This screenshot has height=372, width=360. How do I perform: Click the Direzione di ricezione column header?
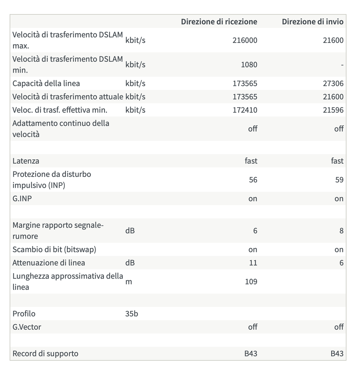219,21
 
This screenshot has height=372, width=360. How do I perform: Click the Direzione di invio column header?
312,21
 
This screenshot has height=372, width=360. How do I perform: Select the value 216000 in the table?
245,40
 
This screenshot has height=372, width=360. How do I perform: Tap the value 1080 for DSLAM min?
249,65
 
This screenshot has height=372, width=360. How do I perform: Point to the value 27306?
333,83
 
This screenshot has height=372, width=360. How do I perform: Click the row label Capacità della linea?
46,83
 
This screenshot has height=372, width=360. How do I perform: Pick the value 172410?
245,110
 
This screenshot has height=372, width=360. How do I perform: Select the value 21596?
333,110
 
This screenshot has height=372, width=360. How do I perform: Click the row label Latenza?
26,161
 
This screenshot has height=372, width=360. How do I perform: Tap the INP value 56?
253,179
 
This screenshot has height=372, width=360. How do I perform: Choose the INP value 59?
339,179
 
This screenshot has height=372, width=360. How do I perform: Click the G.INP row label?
22,198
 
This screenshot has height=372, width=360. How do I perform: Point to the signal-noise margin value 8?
341,231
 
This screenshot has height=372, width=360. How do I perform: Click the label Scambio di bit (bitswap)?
55,249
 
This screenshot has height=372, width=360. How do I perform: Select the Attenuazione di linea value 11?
253,263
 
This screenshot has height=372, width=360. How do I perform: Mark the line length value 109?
251,282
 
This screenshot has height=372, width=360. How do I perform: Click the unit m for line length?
128,282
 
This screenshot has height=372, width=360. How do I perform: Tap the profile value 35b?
132,314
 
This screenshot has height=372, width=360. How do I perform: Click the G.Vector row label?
27,327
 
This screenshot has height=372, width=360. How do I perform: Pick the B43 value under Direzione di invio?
337,353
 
